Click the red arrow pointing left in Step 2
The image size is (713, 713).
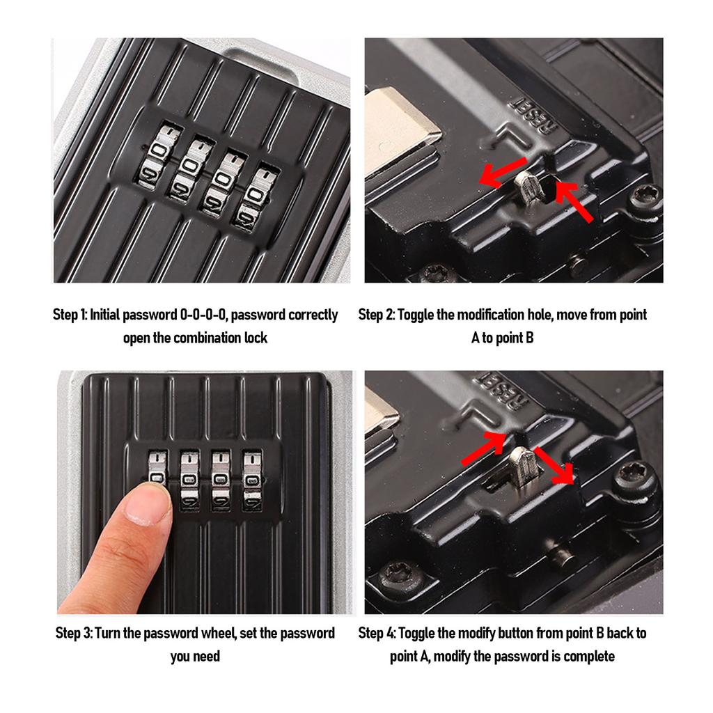503,173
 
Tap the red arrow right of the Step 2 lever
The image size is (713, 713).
574,201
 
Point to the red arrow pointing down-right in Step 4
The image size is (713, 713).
555,466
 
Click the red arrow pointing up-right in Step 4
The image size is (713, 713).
483,448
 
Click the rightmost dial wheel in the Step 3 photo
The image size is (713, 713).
252,480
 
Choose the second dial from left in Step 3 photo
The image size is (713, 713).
189,480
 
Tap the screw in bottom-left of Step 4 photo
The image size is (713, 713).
398,576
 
